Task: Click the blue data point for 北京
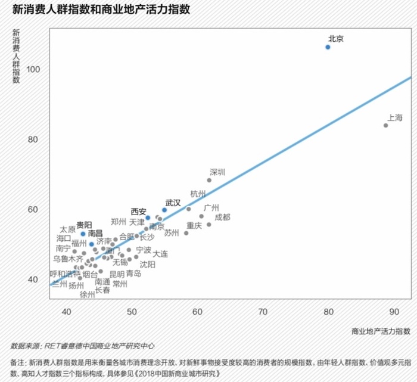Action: (328, 46)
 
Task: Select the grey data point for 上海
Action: (386, 125)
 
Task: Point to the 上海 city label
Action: (395, 117)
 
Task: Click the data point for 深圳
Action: (210, 180)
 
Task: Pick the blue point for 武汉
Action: (164, 210)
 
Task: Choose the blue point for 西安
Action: (148, 218)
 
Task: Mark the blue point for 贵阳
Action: (83, 234)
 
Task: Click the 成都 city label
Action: (222, 217)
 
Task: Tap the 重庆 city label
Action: (194, 226)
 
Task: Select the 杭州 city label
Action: (198, 194)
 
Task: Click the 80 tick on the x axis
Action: (328, 311)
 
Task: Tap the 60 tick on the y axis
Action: (35, 209)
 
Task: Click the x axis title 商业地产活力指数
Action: (381, 330)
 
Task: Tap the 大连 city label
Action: (160, 254)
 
